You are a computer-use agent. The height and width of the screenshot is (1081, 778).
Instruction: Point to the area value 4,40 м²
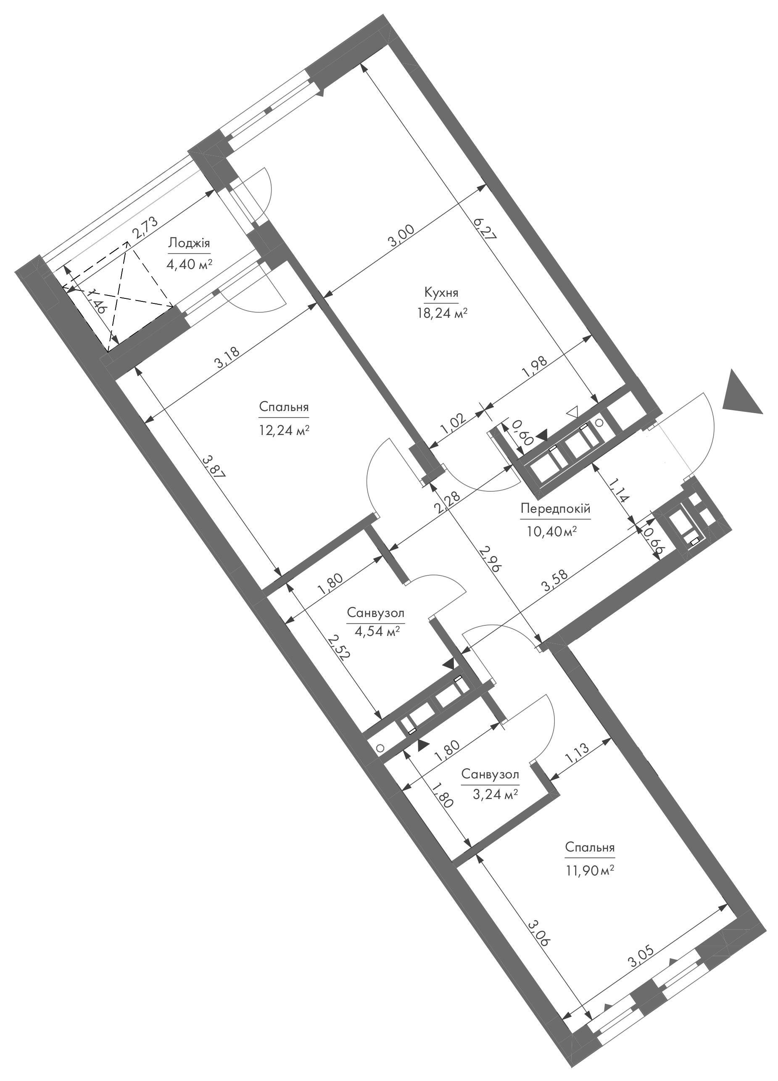(x=189, y=264)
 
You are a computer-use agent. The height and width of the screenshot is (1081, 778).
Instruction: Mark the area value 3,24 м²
(x=490, y=794)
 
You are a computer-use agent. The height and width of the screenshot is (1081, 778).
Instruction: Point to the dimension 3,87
(x=213, y=469)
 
